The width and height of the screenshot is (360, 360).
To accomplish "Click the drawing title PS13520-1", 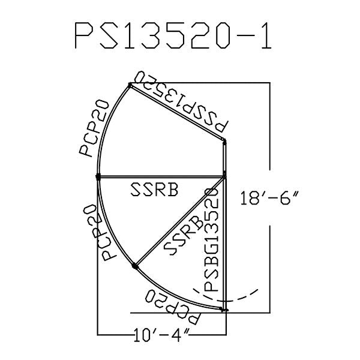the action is pos(173,35).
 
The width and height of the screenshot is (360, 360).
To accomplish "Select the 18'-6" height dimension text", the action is pos(270,198).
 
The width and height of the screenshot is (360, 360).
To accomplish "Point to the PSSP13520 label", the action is pos(181,102).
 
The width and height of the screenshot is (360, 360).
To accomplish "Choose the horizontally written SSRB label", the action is pos(154,190).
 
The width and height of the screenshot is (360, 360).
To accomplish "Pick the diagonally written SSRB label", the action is pos(184,235).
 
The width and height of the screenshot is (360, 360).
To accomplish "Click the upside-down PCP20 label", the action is pos(172,307).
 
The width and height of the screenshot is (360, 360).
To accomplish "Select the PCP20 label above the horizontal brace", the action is pos(94,128).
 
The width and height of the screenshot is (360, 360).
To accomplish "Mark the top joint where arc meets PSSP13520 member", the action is pos(130,85).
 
